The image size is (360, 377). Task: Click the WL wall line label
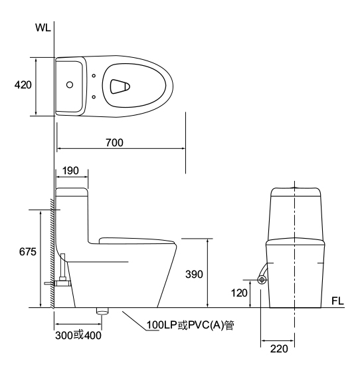(x=43, y=28)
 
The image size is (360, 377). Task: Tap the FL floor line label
(x=337, y=301)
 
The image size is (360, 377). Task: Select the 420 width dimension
(x=23, y=85)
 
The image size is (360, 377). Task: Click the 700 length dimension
(x=114, y=142)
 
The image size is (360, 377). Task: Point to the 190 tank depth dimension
(x=70, y=171)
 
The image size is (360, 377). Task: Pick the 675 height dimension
(x=28, y=252)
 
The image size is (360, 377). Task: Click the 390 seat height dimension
(x=194, y=274)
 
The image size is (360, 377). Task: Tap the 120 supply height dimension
(x=239, y=293)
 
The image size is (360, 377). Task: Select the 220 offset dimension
(x=279, y=348)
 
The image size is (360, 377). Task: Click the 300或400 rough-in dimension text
(x=78, y=335)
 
